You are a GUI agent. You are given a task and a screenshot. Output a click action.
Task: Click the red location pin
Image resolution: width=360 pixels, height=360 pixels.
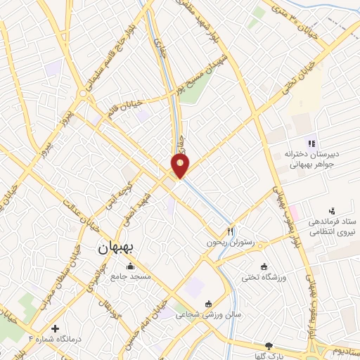click(x=180, y=166)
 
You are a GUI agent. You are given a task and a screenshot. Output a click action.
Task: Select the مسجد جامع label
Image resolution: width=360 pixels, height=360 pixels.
click(x=131, y=277)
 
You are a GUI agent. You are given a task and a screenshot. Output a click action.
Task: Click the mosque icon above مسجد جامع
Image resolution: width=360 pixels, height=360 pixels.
click(x=131, y=266)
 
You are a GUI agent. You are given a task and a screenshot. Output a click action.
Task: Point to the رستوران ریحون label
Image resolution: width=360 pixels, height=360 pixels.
click(x=229, y=243)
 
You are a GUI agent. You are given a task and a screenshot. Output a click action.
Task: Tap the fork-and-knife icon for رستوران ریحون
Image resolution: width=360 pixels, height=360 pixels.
click(x=230, y=231)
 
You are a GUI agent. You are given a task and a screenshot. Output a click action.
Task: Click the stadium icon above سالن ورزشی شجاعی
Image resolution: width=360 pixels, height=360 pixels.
click(x=208, y=304)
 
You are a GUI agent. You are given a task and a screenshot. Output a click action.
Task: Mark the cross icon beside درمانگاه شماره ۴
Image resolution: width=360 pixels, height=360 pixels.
click(x=56, y=328)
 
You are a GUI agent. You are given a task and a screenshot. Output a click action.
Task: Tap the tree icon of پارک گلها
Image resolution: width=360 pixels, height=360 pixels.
click(x=269, y=345)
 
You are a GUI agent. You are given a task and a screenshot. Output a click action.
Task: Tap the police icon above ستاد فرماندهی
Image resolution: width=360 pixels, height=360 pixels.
click(x=332, y=210)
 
